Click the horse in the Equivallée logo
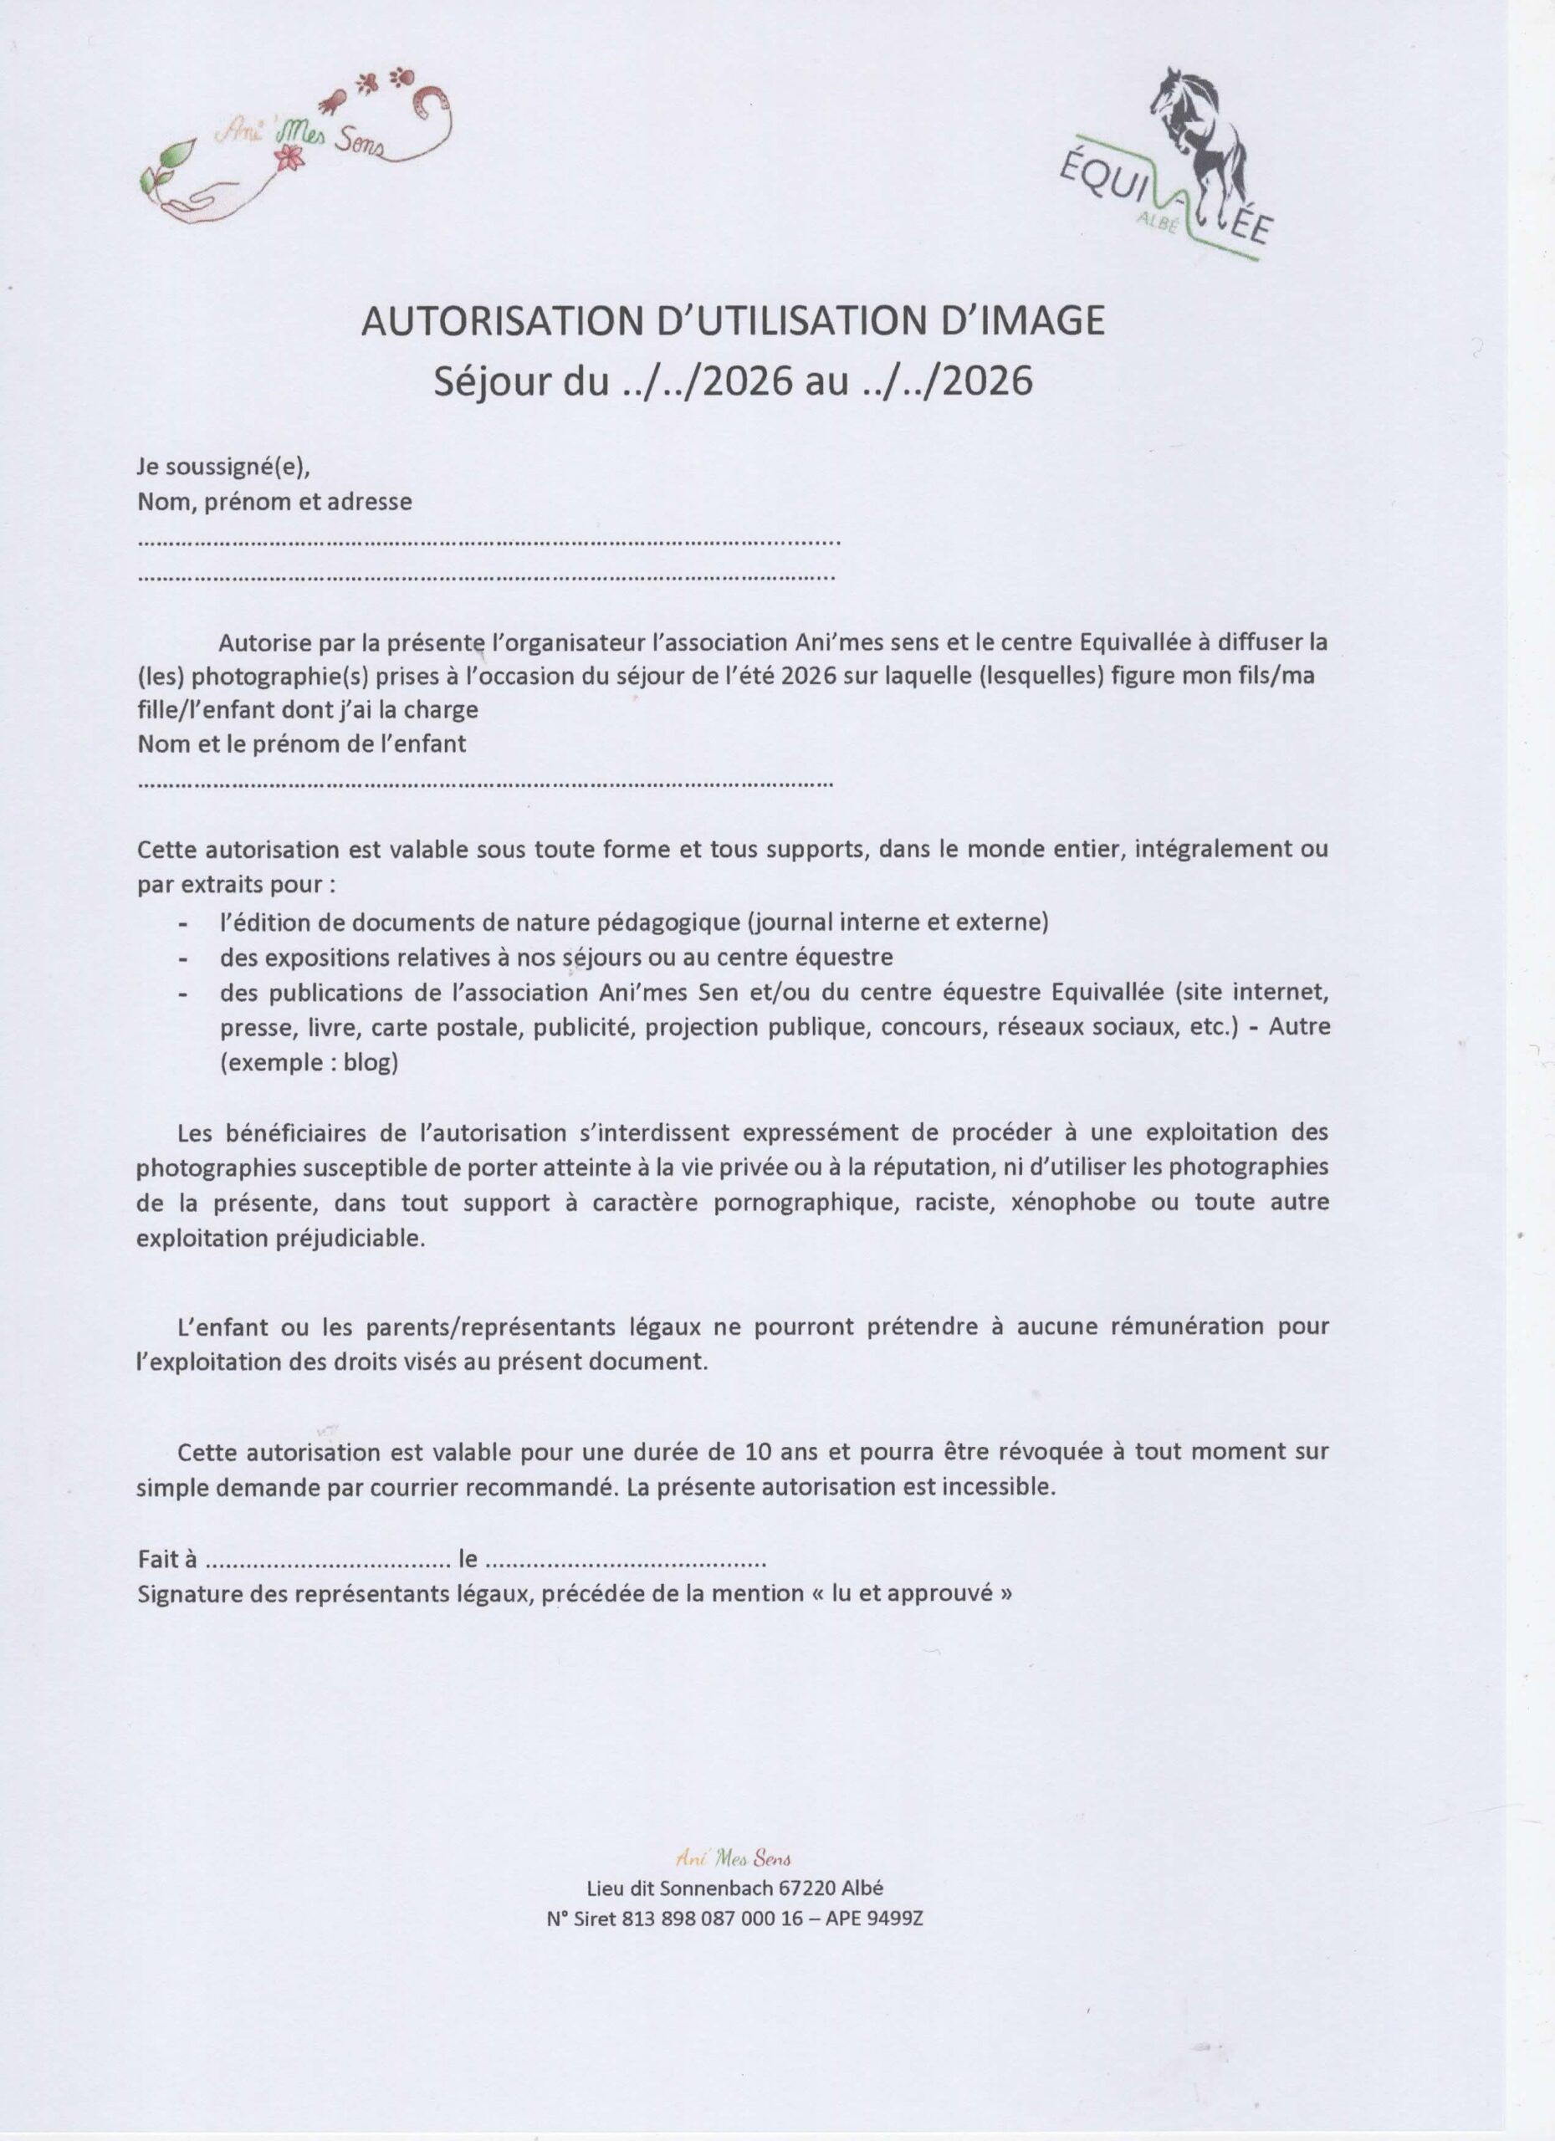1197,141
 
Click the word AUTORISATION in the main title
500,322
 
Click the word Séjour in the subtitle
487,382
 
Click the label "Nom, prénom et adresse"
274,501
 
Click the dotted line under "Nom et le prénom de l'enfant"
485,783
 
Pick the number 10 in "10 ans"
758,1451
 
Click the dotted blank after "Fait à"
328,1560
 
